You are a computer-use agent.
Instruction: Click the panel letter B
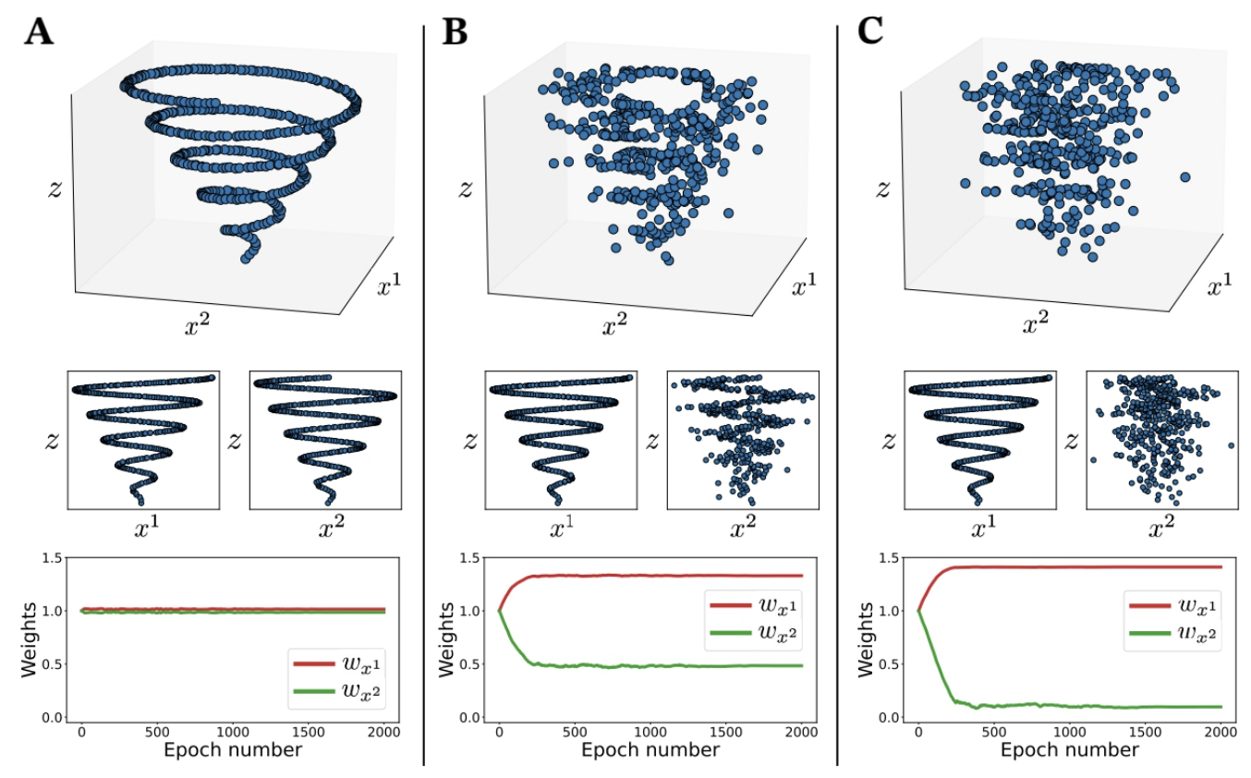tap(455, 32)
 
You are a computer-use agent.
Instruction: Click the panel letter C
tap(872, 32)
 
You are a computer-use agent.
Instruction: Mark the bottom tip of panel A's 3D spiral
tap(245, 258)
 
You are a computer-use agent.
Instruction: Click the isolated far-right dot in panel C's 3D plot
tap(1185, 176)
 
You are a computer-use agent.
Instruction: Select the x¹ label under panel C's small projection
tap(978, 529)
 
